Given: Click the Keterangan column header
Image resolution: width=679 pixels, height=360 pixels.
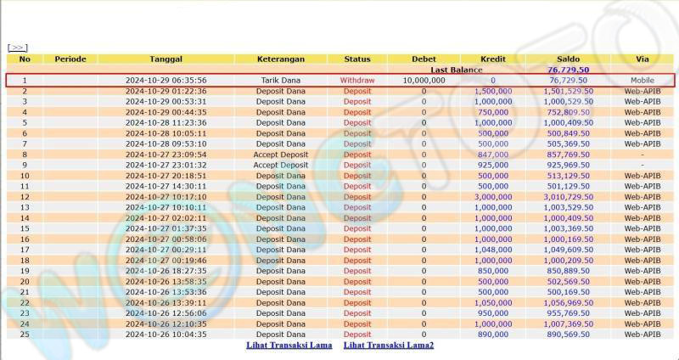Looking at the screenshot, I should click(x=281, y=59).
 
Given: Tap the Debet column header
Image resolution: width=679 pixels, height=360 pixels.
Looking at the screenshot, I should click(x=424, y=59).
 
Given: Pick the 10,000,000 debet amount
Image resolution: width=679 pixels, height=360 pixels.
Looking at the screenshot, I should click(x=424, y=80).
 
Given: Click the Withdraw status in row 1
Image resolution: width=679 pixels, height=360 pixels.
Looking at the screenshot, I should click(x=357, y=80).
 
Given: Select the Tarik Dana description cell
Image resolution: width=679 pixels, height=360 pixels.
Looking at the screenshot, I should click(x=281, y=80).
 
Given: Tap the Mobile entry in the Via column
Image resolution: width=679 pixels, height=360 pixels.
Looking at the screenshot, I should click(x=642, y=80).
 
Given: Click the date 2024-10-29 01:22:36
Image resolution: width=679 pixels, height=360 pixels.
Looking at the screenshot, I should click(x=166, y=91).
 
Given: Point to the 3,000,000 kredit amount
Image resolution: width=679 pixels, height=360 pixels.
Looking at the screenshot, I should click(x=492, y=197).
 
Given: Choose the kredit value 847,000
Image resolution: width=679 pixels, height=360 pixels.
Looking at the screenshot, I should click(x=492, y=155).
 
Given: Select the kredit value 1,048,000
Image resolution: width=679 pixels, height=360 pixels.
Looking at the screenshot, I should click(x=492, y=250).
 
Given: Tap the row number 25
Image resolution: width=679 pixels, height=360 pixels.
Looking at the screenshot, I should click(x=25, y=335).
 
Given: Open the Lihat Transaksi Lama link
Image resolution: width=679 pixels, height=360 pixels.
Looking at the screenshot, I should click(x=288, y=346).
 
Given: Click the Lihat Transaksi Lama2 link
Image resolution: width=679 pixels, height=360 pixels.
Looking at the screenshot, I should click(x=388, y=346).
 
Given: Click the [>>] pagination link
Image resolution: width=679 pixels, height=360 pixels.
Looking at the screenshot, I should click(x=17, y=48).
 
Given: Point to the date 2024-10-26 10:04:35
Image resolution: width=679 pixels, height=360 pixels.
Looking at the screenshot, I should click(x=166, y=335).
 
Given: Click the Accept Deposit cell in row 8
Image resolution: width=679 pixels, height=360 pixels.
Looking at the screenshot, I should click(x=281, y=155).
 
